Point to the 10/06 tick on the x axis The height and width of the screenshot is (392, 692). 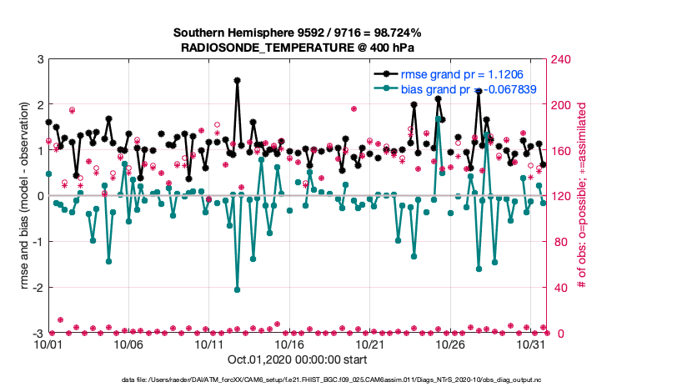pos(129,344)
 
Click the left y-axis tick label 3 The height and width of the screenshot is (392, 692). pos(40,59)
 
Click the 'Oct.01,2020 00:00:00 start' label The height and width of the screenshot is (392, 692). pos(296,360)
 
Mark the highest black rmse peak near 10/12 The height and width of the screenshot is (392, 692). pos(238,80)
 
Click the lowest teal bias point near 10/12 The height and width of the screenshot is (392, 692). pos(238,289)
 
